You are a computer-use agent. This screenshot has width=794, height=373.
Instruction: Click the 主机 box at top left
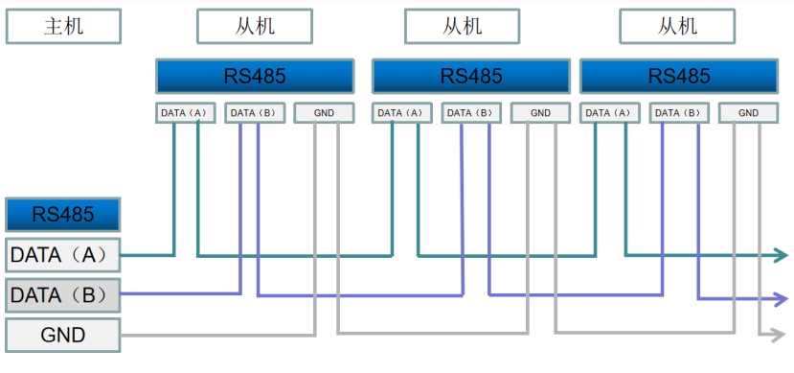pyautogui.click(x=63, y=26)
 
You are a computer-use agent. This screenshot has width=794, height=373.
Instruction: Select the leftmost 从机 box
pyautogui.click(x=254, y=26)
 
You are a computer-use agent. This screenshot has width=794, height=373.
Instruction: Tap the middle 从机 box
pyautogui.click(x=462, y=26)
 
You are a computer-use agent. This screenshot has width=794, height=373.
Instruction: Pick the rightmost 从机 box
pyautogui.click(x=677, y=26)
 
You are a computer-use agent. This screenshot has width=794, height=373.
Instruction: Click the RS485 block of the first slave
pyautogui.click(x=255, y=77)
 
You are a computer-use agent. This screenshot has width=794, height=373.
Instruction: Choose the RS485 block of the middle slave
pyautogui.click(x=471, y=77)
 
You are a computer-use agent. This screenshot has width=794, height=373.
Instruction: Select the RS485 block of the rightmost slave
pyautogui.click(x=679, y=77)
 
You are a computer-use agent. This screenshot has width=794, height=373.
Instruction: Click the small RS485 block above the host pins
pyautogui.click(x=63, y=213)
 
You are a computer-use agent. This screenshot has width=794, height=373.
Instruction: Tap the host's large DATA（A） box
pyautogui.click(x=63, y=255)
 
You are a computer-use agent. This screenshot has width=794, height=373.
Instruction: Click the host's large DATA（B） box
pyautogui.click(x=63, y=295)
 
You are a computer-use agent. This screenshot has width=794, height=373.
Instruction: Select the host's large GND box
pyautogui.click(x=63, y=335)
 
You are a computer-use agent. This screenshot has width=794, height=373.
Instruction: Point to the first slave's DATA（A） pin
pyautogui.click(x=186, y=113)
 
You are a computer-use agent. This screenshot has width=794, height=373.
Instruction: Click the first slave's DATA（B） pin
pyautogui.click(x=255, y=113)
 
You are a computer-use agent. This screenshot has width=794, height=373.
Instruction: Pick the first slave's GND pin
pyautogui.click(x=324, y=113)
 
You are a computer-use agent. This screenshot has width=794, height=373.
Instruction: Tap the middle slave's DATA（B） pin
pyautogui.click(x=471, y=113)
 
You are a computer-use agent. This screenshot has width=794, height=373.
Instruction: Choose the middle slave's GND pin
pyautogui.click(x=540, y=113)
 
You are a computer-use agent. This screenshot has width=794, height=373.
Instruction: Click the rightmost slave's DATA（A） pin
pyautogui.click(x=608, y=113)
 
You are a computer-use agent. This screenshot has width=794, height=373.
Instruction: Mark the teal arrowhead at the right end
pyautogui.click(x=781, y=255)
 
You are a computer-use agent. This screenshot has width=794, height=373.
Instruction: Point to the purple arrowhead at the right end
pyautogui.click(x=781, y=298)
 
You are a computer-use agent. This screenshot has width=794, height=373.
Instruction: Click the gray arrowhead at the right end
pyautogui.click(x=781, y=335)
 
